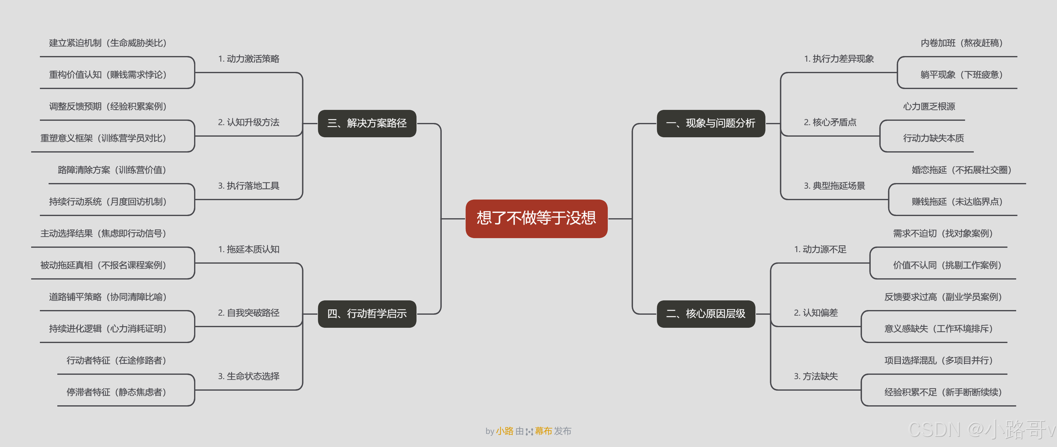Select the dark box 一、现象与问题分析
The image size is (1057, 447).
tap(710, 123)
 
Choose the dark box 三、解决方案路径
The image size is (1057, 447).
tap(367, 123)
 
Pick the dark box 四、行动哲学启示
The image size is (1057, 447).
tap(367, 314)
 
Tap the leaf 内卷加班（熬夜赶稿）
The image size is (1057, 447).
tap(961, 43)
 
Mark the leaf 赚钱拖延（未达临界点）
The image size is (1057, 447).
tap(957, 202)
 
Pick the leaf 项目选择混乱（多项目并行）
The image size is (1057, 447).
tap(938, 360)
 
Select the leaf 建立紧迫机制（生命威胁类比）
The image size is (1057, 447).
tap(107, 43)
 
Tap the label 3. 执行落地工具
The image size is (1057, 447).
tap(248, 186)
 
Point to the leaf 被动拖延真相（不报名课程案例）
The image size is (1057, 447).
tap(103, 265)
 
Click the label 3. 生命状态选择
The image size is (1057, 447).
tap(248, 376)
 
